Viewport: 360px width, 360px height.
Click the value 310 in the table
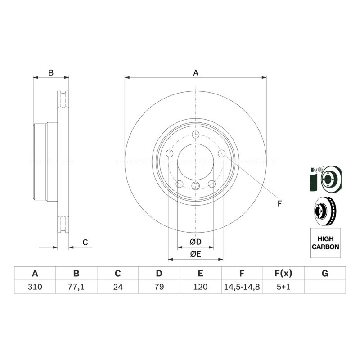[35, 287]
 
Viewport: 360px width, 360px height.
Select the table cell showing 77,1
[76, 287]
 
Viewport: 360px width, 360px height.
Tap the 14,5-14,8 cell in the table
[242, 287]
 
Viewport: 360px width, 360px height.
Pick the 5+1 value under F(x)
[283, 287]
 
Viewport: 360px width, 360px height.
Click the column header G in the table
[325, 274]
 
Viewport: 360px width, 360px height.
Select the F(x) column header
[283, 274]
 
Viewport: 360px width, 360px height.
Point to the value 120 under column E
[200, 287]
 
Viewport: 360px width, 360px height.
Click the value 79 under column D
[159, 287]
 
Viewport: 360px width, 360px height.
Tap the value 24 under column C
[118, 287]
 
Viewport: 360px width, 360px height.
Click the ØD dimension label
[196, 242]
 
